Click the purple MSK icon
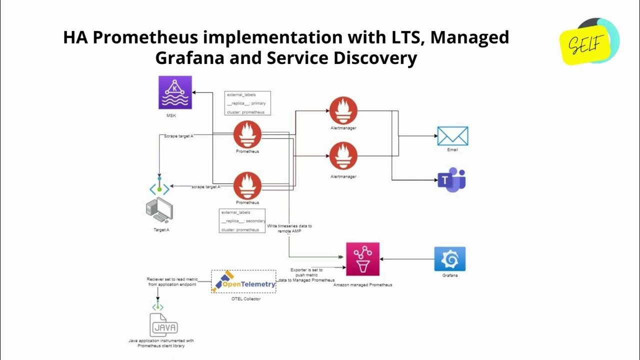tap(175, 92)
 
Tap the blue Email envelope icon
tap(452, 136)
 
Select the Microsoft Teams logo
tap(451, 180)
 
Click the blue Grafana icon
tap(450, 259)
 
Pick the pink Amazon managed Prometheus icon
tap(362, 259)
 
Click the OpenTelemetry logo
tap(243, 282)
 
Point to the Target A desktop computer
tap(159, 210)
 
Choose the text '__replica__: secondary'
tap(243, 221)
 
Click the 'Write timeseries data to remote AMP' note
tap(289, 228)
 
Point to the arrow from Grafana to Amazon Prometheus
tap(407, 259)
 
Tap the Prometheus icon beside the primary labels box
tap(247, 134)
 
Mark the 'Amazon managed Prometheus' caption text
tap(362, 284)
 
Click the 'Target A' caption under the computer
tap(161, 230)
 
